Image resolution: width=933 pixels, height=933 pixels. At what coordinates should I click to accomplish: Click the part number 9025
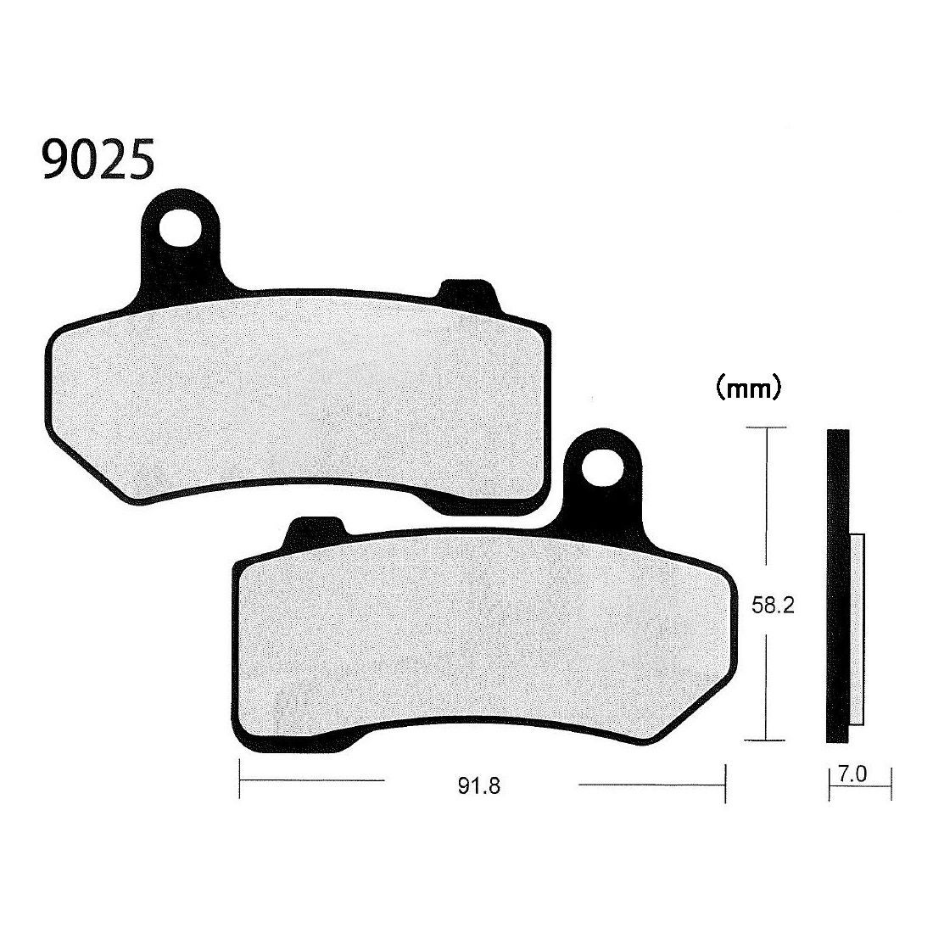98,159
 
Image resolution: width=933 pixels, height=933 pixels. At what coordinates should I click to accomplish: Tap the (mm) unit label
748,388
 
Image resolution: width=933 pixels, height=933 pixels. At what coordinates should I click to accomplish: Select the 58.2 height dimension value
773,605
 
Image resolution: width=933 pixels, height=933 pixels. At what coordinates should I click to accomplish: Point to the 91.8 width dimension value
479,786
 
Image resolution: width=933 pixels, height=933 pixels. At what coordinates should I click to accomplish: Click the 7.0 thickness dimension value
852,774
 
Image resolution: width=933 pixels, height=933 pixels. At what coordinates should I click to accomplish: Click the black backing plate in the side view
838,586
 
